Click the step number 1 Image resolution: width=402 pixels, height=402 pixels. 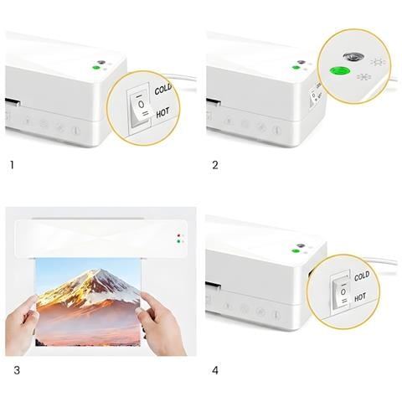12,165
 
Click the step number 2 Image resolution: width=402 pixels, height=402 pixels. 215,165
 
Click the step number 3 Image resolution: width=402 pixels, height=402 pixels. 17,370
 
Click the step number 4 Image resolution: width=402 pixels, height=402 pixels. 215,370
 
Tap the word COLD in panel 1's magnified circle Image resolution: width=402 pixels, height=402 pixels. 162,90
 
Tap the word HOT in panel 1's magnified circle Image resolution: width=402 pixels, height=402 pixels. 162,113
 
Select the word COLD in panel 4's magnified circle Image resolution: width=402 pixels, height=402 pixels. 362,276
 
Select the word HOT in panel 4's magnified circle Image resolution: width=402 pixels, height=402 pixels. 360,297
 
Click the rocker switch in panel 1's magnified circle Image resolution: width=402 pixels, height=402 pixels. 141,106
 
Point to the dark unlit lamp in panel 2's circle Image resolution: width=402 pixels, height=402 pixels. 353,57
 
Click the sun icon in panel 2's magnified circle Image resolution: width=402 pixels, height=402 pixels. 378,62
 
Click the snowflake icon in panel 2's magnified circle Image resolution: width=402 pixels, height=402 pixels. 363,77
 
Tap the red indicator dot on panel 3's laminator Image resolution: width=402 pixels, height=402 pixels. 178,235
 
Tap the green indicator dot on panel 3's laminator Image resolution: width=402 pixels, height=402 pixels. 178,241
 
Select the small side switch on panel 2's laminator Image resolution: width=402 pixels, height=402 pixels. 313,97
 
